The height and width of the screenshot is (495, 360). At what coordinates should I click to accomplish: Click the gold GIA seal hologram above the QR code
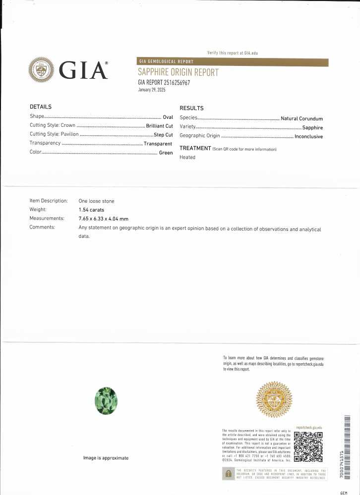point(274,399)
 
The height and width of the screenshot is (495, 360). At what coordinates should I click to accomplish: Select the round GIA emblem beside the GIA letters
point(41,70)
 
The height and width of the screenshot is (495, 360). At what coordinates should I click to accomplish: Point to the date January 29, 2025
point(151,90)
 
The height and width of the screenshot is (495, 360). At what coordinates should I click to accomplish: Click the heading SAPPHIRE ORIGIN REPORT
point(178,72)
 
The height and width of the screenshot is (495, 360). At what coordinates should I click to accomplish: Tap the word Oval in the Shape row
point(168,117)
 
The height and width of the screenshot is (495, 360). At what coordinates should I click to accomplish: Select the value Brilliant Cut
point(159,126)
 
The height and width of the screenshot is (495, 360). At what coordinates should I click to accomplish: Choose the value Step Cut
point(163,135)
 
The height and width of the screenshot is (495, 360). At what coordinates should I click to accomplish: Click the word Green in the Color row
point(166,153)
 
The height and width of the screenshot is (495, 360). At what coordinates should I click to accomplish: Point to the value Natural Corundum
point(301,118)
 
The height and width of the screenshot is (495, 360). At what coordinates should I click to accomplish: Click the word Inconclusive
point(308,136)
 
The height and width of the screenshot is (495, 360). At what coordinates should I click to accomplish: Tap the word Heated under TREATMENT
point(187,157)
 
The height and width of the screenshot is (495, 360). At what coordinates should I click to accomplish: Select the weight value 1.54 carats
point(92,210)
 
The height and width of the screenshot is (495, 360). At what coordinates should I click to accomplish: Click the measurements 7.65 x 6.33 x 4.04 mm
point(103,219)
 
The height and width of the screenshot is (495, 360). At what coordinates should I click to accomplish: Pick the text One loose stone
point(96,201)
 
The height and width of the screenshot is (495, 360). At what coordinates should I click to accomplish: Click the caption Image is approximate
point(106,458)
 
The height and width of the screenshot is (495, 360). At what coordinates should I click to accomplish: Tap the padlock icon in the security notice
point(228,474)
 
